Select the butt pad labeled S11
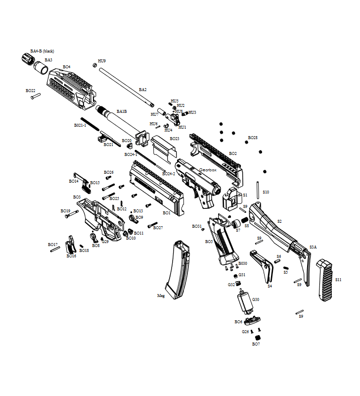tap(325, 280)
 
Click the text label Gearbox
tap(208, 170)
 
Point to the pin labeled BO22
tap(35, 97)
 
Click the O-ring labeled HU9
tap(95, 65)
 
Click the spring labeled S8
tap(244, 220)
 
